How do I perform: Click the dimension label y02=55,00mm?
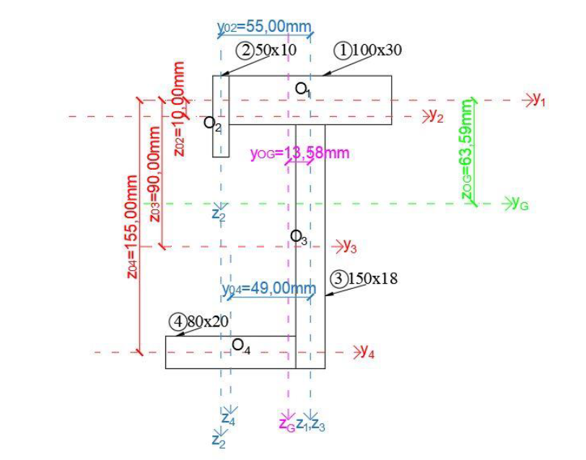(264, 27)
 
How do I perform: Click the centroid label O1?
(302, 89)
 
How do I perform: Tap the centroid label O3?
(299, 236)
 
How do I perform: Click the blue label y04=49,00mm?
(269, 289)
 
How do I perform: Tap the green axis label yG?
(520, 204)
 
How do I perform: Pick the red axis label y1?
(538, 101)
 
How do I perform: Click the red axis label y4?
(367, 353)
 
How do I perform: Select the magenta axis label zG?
(287, 424)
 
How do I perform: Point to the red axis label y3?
(350, 246)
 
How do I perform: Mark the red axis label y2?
(436, 116)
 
